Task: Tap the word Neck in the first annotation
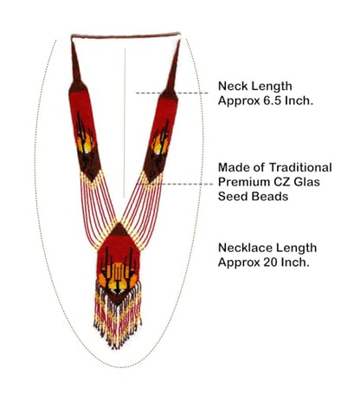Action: [x=230, y=86]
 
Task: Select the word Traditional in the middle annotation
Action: [x=301, y=167]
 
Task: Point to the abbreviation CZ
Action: [x=273, y=182]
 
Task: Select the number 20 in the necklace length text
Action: [x=270, y=262]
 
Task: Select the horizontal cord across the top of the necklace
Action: [x=125, y=36]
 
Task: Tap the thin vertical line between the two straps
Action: [x=125, y=123]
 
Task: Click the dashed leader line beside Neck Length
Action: [x=172, y=93]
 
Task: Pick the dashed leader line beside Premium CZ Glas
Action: [x=175, y=184]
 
